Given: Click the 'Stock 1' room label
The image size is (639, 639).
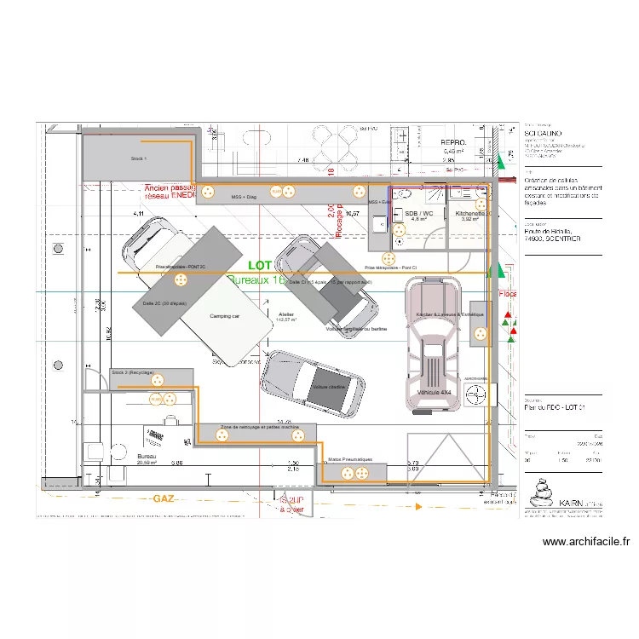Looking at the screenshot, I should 139,158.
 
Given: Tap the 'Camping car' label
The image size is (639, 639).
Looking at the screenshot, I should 226,316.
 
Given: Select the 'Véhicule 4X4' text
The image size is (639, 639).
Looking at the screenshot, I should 434,392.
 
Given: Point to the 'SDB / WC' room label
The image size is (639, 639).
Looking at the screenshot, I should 419,213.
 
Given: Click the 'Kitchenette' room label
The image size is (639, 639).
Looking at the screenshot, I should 469,213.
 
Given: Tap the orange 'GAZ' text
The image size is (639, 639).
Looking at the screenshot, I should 164,498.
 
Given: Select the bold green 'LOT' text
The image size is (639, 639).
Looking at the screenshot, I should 259,267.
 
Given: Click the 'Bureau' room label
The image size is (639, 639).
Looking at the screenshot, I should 147,458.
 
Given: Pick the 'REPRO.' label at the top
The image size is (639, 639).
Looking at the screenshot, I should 452,143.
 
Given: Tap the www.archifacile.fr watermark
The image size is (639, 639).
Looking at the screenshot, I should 584,541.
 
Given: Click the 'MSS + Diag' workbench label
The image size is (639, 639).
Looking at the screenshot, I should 244,198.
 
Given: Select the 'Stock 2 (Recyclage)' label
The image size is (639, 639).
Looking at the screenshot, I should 133,372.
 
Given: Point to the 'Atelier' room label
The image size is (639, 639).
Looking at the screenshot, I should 286,314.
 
